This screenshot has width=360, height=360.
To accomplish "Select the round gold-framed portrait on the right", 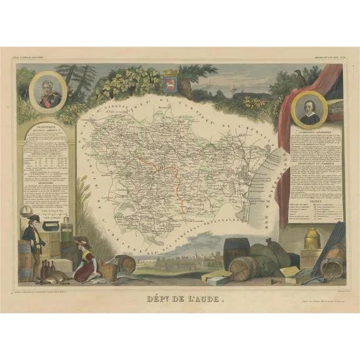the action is coord(309,111).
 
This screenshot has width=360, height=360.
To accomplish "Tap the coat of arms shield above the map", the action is coord(169,84).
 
